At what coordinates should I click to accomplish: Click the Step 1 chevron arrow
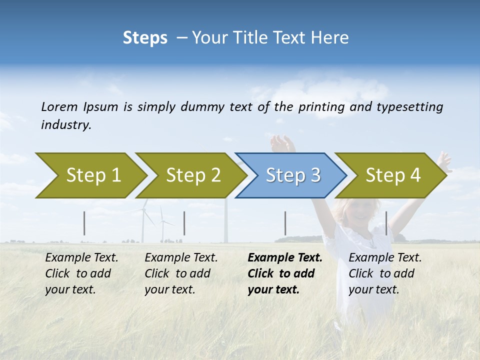[x=93, y=175]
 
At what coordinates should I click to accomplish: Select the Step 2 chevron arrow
[x=193, y=175]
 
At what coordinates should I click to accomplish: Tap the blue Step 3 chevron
[x=292, y=175]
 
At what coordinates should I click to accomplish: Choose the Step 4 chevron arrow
[x=392, y=175]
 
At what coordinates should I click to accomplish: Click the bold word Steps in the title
[x=145, y=37]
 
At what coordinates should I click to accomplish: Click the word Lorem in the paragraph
[x=59, y=106]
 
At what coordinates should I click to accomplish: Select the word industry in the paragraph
[x=66, y=125]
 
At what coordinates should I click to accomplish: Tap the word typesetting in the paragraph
[x=409, y=107]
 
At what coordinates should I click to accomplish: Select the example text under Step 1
[x=81, y=273]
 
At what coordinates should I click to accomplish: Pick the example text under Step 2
[x=181, y=273]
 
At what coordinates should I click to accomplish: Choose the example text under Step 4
[x=385, y=273]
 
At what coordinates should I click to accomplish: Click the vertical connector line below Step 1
[x=84, y=223]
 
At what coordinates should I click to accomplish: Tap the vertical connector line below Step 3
[x=285, y=223]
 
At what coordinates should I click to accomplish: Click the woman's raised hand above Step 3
[x=282, y=144]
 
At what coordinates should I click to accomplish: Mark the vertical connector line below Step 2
[x=184, y=223]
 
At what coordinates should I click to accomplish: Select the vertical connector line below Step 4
[x=386, y=223]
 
